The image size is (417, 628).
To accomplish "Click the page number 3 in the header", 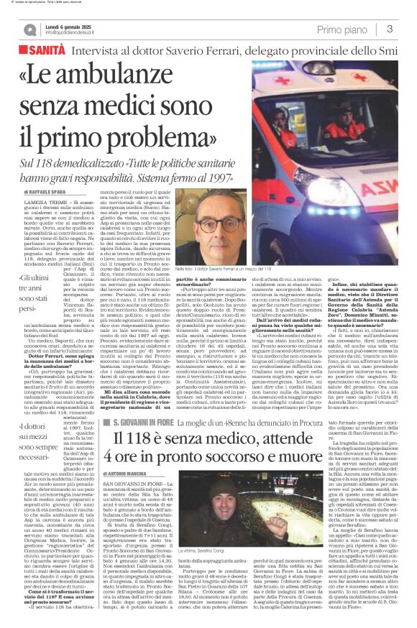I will click(x=389, y=29).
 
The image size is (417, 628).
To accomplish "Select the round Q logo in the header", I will click(x=29, y=29).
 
